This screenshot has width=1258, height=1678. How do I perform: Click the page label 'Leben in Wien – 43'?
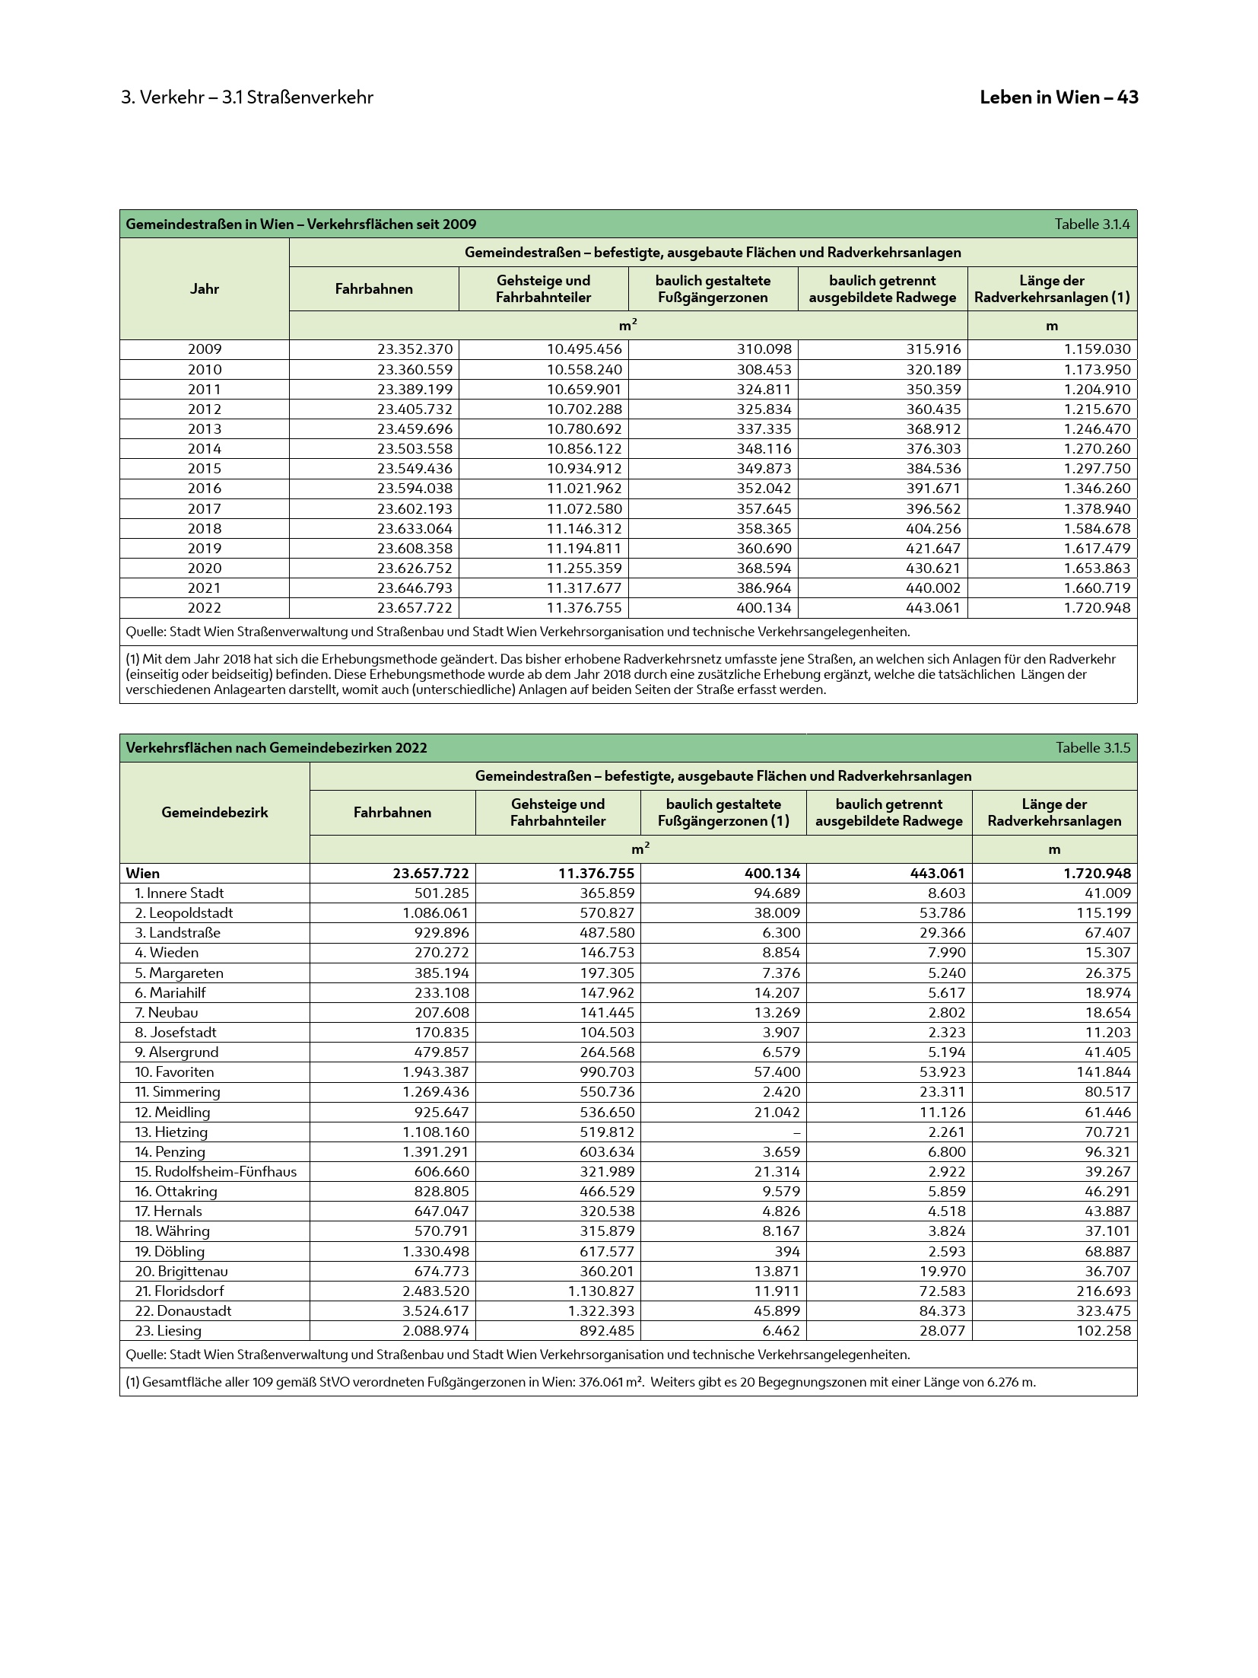(x=1058, y=97)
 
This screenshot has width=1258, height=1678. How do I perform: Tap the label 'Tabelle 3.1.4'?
(x=1091, y=224)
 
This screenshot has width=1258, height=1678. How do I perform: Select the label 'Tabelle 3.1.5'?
(x=1092, y=748)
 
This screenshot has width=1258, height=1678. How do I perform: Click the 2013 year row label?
(x=205, y=429)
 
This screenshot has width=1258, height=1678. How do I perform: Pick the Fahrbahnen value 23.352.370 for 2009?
(x=415, y=349)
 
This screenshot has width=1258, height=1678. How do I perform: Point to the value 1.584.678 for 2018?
(x=1097, y=529)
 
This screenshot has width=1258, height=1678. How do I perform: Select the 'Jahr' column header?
(x=205, y=289)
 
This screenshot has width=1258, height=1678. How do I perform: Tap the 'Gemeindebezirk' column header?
(x=214, y=813)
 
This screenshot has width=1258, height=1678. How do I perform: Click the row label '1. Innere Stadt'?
(x=179, y=893)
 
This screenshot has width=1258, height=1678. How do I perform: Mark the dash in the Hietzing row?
(x=796, y=1132)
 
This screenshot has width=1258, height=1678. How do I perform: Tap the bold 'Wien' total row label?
(x=143, y=874)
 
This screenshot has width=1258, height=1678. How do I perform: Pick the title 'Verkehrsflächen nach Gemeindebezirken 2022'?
(x=276, y=748)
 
